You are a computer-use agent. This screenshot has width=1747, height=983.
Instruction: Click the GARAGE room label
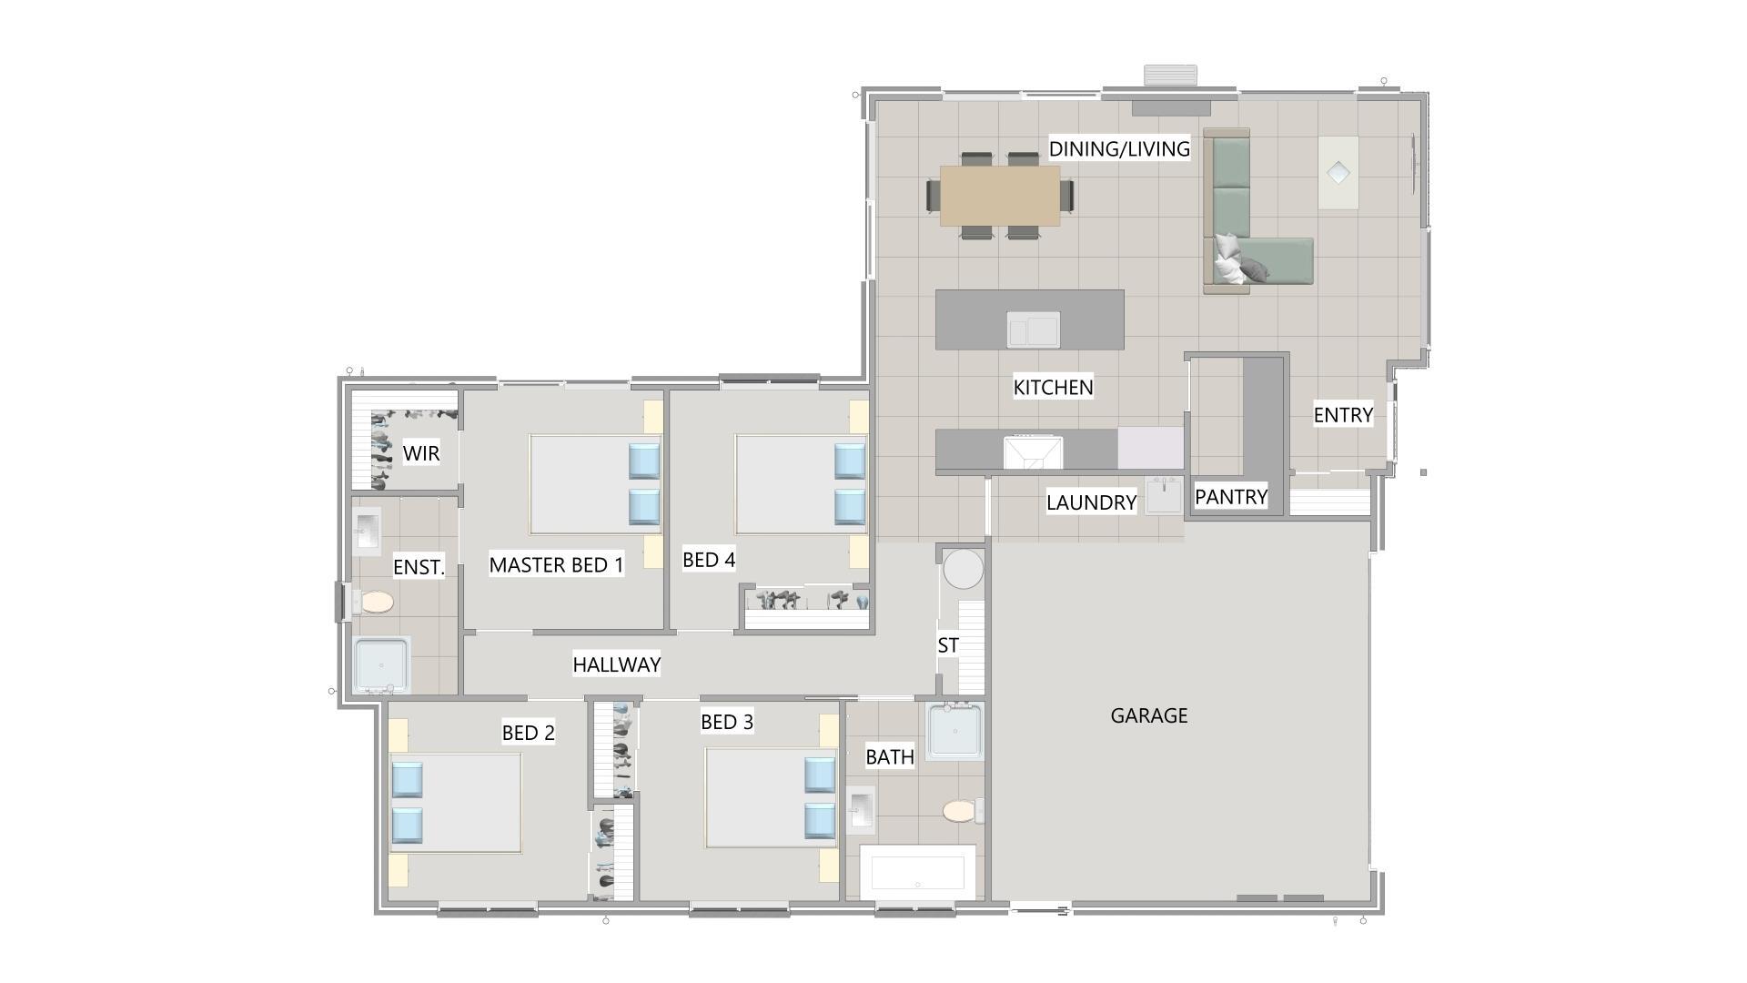pos(1148,715)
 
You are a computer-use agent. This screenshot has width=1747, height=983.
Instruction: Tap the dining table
pos(999,195)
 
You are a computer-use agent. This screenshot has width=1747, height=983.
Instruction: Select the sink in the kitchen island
pos(1033,329)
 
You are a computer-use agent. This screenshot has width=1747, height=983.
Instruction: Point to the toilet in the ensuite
pos(375,602)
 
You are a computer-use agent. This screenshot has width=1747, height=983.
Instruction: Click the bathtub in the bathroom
pos(917,872)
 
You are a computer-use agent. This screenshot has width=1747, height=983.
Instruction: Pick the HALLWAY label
pos(616,664)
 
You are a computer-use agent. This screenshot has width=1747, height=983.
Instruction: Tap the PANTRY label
pos(1230,497)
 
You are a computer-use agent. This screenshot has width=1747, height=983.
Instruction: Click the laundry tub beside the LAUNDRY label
pos(1163,496)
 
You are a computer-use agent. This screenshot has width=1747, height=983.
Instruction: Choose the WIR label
pos(421,452)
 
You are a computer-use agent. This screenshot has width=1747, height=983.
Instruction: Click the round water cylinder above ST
pos(963,569)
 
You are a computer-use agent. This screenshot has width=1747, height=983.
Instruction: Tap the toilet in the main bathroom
pos(961,810)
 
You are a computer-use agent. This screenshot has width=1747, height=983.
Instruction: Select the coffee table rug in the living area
pos(1338,172)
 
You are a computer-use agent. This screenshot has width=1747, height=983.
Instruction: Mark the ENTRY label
pos(1342,415)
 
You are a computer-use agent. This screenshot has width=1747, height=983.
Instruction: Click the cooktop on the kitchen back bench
pos(1033,451)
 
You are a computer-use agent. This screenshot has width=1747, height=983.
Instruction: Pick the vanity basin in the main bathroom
pos(861,809)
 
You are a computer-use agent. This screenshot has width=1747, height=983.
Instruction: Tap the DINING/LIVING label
pos(1118,148)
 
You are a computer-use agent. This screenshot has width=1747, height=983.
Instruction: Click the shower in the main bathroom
pos(955,731)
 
